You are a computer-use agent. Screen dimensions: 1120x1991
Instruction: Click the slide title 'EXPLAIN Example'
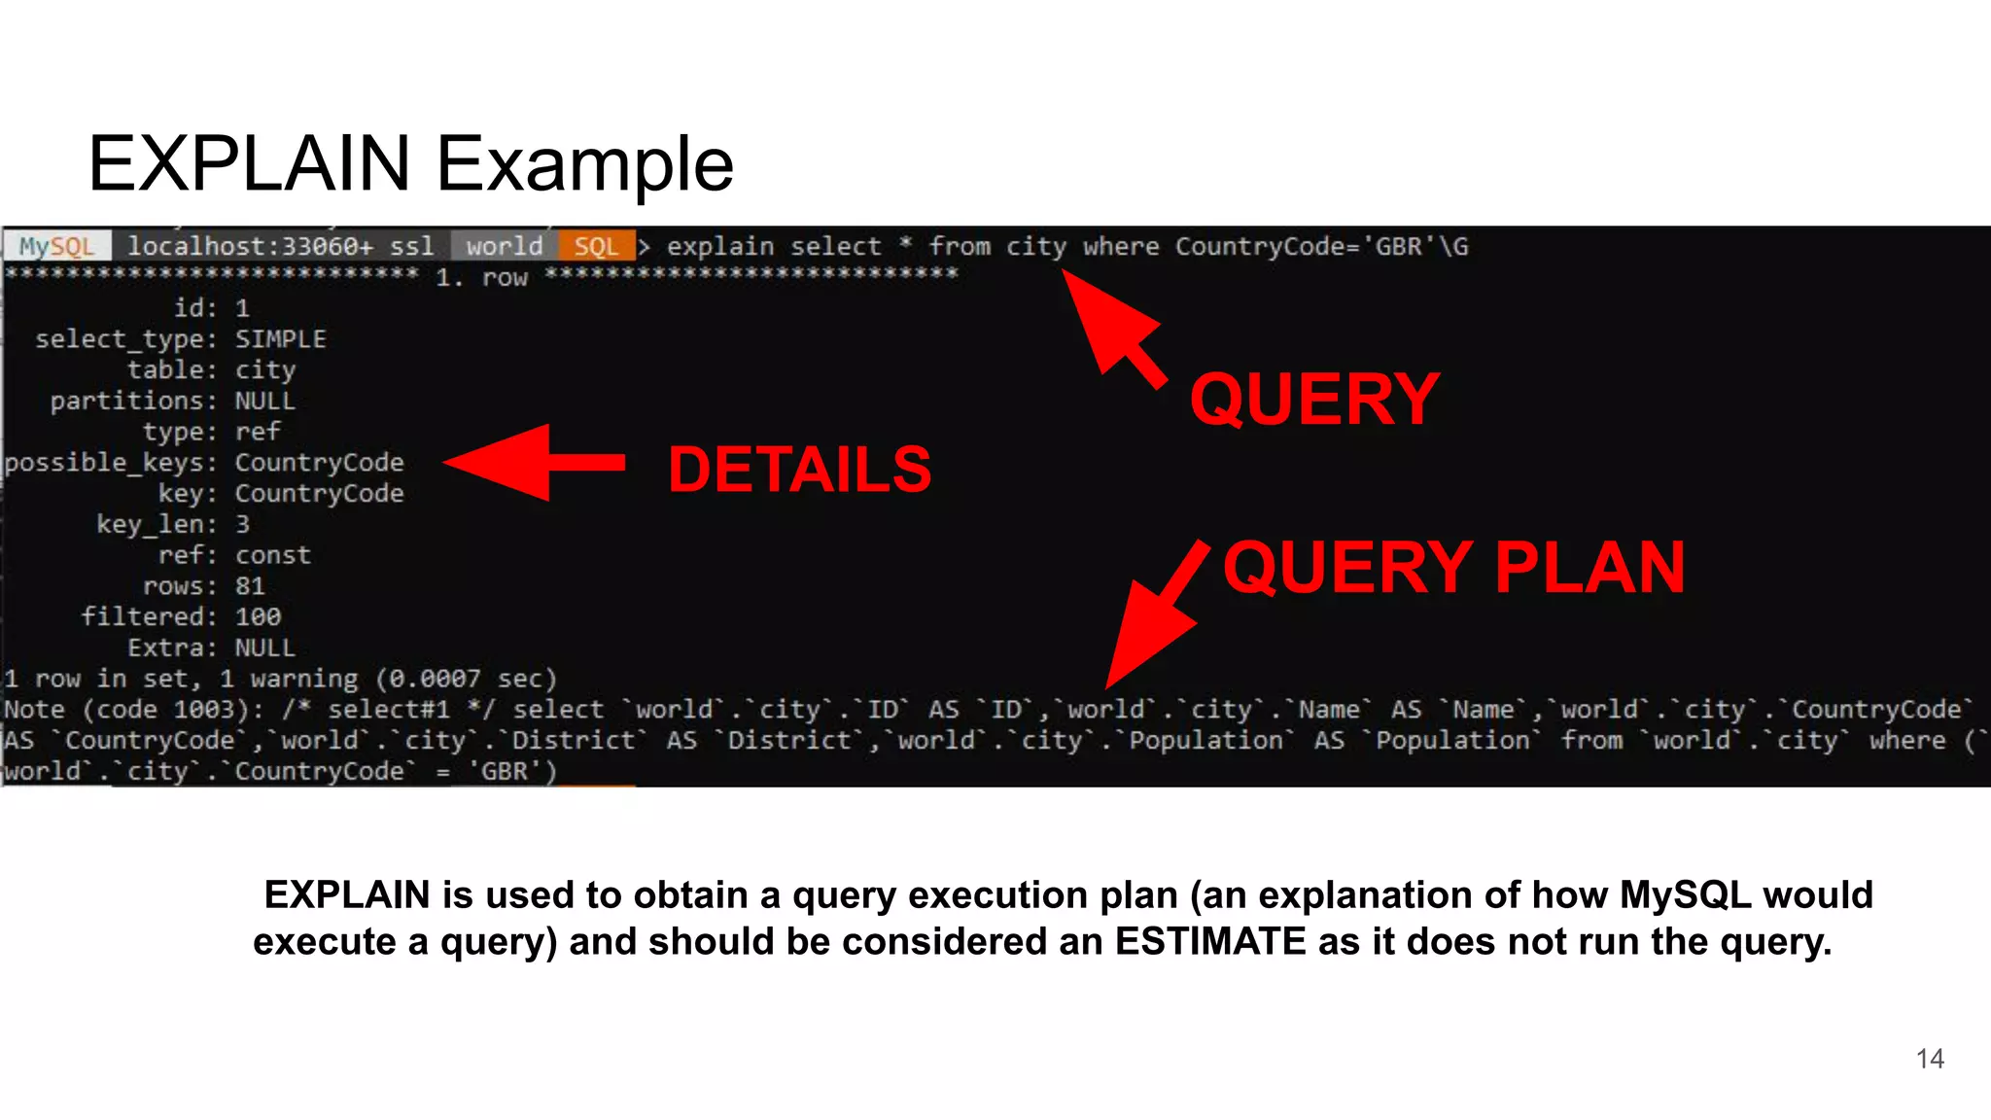(410, 163)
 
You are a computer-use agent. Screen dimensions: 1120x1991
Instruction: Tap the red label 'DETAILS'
(799, 471)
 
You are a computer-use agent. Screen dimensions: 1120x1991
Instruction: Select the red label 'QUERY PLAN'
(1453, 568)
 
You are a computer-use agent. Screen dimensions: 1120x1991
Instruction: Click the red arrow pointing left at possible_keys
(533, 463)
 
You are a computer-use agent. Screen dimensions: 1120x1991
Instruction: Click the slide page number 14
(1930, 1059)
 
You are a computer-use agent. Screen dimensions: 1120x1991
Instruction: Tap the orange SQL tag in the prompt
(595, 247)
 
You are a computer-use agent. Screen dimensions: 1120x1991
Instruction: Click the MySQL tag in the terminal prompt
(56, 247)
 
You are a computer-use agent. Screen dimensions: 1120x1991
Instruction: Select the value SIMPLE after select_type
(280, 339)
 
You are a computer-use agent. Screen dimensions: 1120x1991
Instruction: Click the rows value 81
(250, 586)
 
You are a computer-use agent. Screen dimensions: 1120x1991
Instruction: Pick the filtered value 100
(258, 617)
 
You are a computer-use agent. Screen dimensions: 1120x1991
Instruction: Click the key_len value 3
(242, 525)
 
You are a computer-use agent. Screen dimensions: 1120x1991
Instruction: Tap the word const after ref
(273, 556)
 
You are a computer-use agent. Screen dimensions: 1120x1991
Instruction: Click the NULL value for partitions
(264, 402)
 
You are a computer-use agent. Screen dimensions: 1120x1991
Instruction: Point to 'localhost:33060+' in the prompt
(250, 247)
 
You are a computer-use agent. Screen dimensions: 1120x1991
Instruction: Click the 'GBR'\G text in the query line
(1420, 247)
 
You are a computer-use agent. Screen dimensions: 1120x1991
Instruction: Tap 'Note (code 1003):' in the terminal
(132, 710)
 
